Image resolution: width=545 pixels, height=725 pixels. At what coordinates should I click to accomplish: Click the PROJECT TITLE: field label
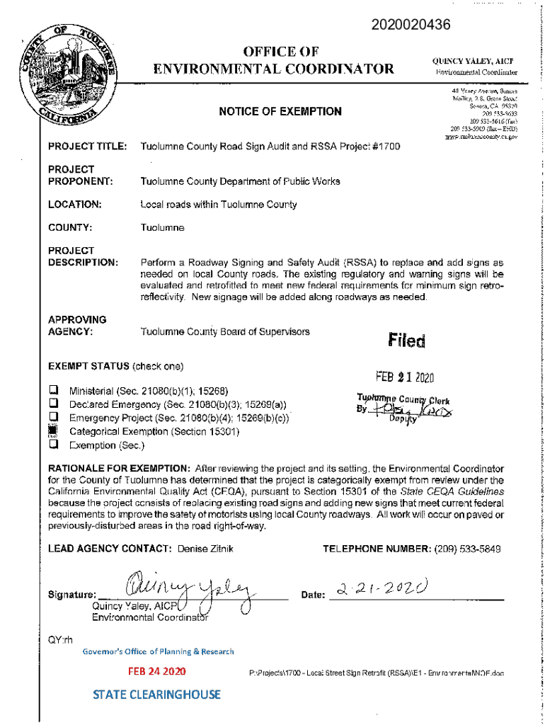[86, 147]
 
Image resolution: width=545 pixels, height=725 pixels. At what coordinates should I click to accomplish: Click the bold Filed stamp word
[406, 342]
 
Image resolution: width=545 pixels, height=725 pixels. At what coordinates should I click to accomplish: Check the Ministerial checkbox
[53, 391]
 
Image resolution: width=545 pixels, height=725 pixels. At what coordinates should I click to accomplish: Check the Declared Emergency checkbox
[53, 404]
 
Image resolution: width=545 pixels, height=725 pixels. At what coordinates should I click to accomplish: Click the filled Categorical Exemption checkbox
[53, 431]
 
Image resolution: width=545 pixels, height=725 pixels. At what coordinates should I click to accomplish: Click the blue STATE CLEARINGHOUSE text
[156, 695]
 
